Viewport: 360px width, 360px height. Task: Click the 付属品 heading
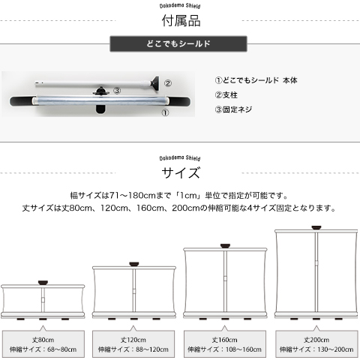[x=181, y=20]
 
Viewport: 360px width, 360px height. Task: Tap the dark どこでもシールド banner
[x=178, y=43]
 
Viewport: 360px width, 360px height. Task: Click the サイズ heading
[x=181, y=172]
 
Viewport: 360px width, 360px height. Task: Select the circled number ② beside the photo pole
[x=168, y=83]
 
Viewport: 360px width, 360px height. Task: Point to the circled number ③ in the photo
[x=117, y=91]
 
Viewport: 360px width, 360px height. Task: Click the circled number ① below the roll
[x=165, y=112]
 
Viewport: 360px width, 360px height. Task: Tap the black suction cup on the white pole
[x=155, y=83]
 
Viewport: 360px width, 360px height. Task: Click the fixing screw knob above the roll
[x=101, y=91]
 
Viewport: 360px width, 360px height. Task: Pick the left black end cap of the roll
[x=22, y=101]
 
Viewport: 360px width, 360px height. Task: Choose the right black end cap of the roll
[x=179, y=101]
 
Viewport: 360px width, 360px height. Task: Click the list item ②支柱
[x=226, y=95]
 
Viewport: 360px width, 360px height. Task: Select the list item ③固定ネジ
[x=233, y=109]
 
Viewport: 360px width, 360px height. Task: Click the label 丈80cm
[x=43, y=340]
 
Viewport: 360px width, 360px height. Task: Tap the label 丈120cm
[x=133, y=340]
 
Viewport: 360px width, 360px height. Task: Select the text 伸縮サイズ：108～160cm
[x=224, y=349]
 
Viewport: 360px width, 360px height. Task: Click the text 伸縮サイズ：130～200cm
[x=316, y=349]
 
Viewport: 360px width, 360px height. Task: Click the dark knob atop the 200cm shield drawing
[x=316, y=227]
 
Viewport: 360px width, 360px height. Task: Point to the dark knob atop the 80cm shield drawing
[x=43, y=283]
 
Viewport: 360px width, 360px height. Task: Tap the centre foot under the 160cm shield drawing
[x=225, y=319]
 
